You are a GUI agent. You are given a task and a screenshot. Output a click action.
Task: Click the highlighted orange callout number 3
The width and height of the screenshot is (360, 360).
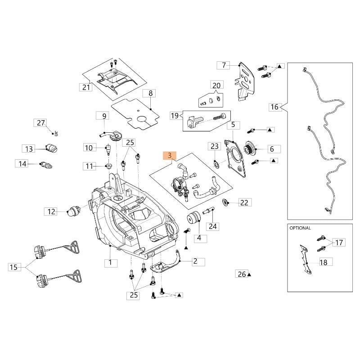tap(169, 156)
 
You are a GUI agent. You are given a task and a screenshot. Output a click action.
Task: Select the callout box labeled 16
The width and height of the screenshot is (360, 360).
tap(274, 107)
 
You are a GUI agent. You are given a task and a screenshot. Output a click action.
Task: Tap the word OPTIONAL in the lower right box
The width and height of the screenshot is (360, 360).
tap(301, 228)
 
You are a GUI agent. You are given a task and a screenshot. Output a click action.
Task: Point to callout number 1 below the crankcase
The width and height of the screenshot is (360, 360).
tap(110, 261)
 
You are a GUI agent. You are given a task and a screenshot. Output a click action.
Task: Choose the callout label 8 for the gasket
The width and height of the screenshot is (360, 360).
tap(150, 94)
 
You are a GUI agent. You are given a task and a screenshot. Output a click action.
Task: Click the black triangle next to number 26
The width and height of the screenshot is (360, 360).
tap(249, 274)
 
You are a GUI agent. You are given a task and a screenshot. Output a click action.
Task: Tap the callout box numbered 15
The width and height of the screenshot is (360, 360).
tap(14, 267)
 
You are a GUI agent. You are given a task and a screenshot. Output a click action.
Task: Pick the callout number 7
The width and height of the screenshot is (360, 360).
tap(224, 65)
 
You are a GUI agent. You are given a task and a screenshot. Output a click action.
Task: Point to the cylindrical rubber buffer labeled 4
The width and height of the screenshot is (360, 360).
tap(195, 219)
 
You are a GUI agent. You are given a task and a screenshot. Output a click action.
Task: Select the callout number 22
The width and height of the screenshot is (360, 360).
tap(244, 203)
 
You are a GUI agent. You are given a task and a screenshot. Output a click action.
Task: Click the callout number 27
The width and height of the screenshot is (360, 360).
tap(41, 123)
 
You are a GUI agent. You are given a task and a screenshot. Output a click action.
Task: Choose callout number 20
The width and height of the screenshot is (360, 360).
tap(216, 85)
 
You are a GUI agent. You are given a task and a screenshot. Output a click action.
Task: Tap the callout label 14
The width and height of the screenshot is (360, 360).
tap(22, 164)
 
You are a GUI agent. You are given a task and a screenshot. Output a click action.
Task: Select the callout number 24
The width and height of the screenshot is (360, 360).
tap(213, 226)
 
